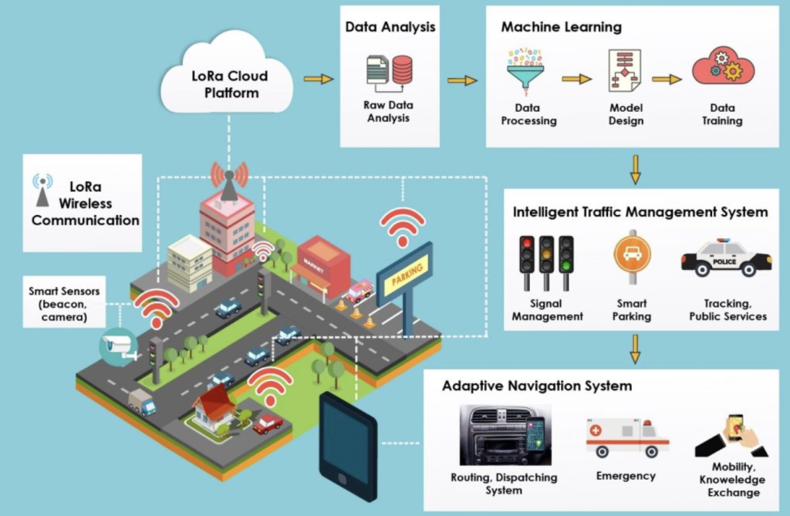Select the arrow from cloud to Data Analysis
pos(319,79)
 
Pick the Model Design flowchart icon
pos(624,70)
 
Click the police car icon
pos(726,258)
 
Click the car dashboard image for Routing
pos(503,435)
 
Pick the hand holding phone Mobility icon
pos(733,436)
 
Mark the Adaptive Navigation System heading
pos(536,386)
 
